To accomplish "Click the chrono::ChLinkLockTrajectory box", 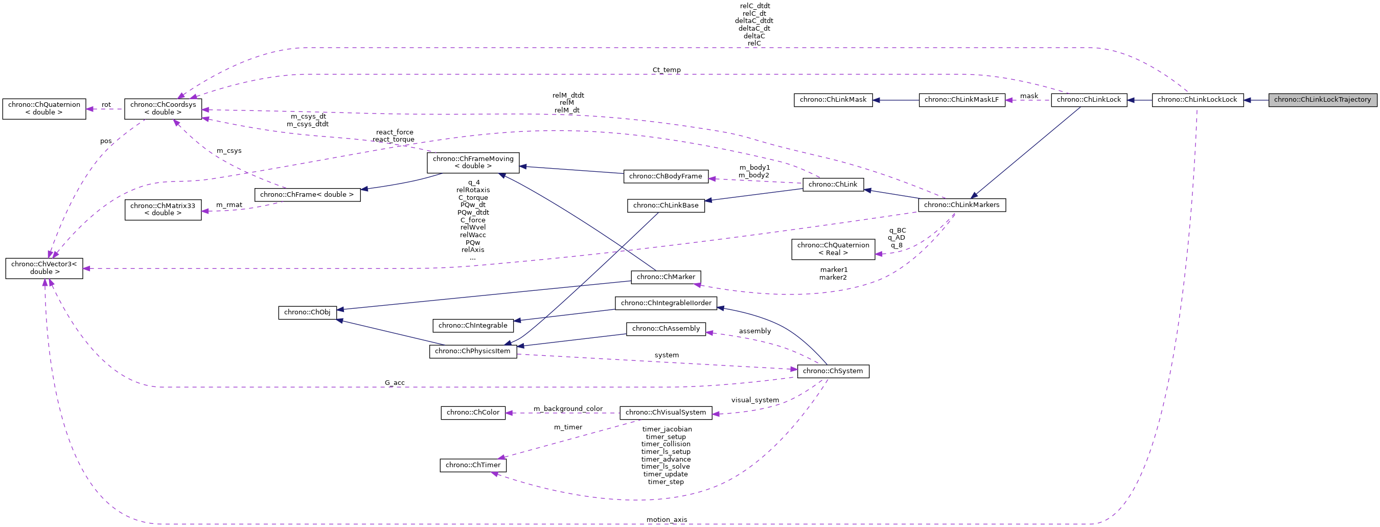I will (x=1322, y=100).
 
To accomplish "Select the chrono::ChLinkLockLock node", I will (x=1198, y=100).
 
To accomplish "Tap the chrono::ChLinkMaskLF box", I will (x=961, y=100).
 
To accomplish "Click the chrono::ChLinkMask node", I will (x=833, y=100).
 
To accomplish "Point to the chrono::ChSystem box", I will (x=833, y=371).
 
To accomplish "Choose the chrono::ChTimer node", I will (x=472, y=465).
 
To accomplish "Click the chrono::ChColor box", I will (x=472, y=413).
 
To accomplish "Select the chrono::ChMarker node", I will (x=665, y=277).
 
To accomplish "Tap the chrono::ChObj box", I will (x=307, y=312).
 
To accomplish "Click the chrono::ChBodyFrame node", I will (x=665, y=176).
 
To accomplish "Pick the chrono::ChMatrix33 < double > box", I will (x=163, y=210).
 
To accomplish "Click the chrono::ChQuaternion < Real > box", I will (x=833, y=249).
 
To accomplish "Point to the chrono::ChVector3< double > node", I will (x=44, y=268).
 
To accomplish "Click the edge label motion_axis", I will (x=666, y=519).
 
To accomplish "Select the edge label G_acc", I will (x=394, y=383).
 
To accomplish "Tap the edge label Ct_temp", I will (x=666, y=70).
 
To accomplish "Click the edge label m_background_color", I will (x=568, y=408).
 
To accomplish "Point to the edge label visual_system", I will (x=755, y=400).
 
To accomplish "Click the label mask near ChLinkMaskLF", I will (x=1028, y=96).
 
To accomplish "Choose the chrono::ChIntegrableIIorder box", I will (x=665, y=303).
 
